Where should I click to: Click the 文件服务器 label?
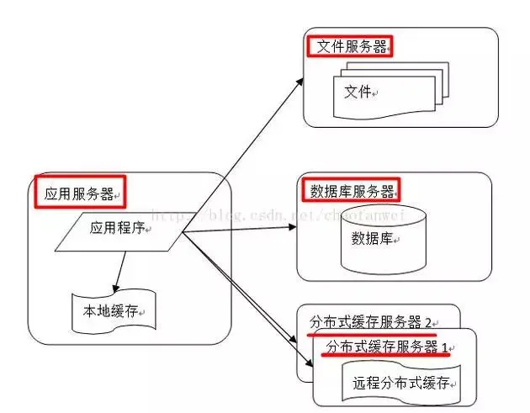click(352, 46)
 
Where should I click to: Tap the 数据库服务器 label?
click(347, 191)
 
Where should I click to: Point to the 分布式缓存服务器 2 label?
click(370, 322)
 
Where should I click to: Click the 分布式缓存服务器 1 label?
click(386, 346)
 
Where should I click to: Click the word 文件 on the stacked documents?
click(358, 92)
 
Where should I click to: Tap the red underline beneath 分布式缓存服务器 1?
click(386, 356)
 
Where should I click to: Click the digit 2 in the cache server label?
click(427, 322)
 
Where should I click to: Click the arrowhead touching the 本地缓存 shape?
click(116, 287)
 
